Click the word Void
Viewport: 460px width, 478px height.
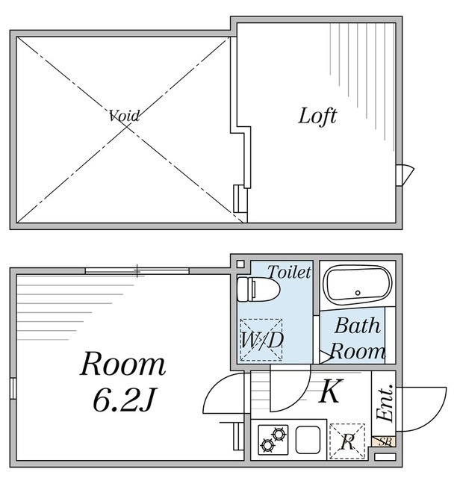(x=124, y=116)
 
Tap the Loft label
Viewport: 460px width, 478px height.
(x=317, y=116)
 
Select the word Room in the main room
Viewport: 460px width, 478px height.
(x=123, y=365)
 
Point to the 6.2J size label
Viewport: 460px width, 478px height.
(x=125, y=402)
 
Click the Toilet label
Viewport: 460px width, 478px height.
(x=288, y=272)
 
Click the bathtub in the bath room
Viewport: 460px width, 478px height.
(x=356, y=285)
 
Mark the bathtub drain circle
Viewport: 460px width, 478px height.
(x=358, y=293)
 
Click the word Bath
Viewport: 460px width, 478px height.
(x=357, y=326)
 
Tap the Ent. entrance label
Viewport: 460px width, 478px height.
(x=384, y=403)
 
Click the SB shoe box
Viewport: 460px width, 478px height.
(x=386, y=441)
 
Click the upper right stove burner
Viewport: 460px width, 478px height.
(x=280, y=432)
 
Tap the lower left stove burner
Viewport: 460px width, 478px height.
(x=267, y=445)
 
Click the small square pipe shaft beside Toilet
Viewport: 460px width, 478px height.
(x=239, y=263)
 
